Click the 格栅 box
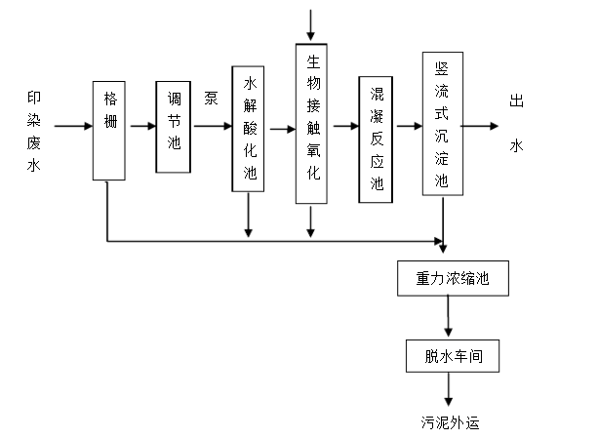[110, 130]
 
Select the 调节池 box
[173, 126]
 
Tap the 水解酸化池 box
[249, 127]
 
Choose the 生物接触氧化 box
[311, 123]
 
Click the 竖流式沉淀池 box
[443, 123]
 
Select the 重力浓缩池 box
[448, 279]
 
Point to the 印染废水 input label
[34, 127]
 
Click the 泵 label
[211, 97]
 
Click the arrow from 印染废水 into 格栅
[73, 126]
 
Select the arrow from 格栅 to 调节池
[141, 126]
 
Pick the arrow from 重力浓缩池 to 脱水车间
[448, 316]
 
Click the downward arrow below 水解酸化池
[249, 215]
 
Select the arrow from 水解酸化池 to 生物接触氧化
[281, 127]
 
